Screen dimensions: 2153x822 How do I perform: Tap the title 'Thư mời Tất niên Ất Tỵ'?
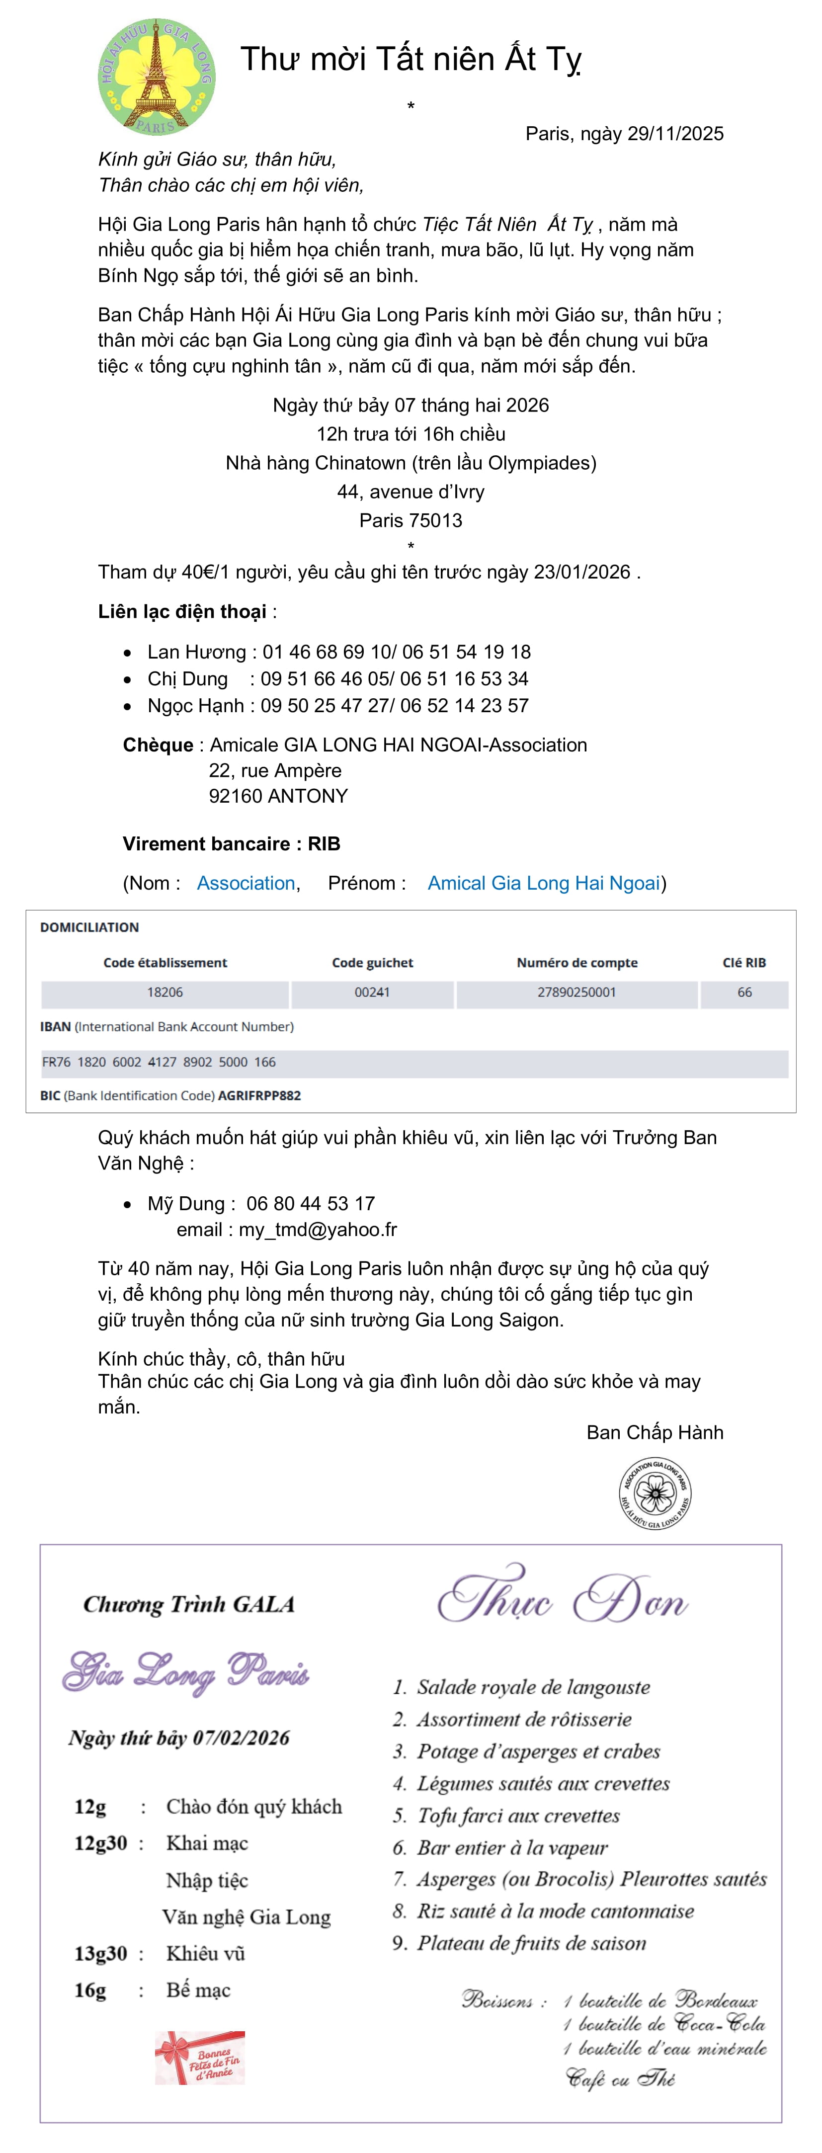click(x=410, y=59)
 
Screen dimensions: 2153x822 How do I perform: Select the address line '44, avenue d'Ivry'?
click(x=410, y=492)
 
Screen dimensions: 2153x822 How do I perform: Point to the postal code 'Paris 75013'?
click(x=410, y=520)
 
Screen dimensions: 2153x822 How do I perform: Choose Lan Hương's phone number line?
click(x=338, y=652)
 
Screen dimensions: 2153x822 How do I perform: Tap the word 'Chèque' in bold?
click(x=158, y=745)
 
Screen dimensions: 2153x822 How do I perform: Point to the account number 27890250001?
click(x=576, y=992)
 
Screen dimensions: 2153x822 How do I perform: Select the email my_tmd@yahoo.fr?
click(x=318, y=1230)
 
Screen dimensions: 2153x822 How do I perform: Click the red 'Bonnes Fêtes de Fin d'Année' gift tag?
click(x=200, y=2058)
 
